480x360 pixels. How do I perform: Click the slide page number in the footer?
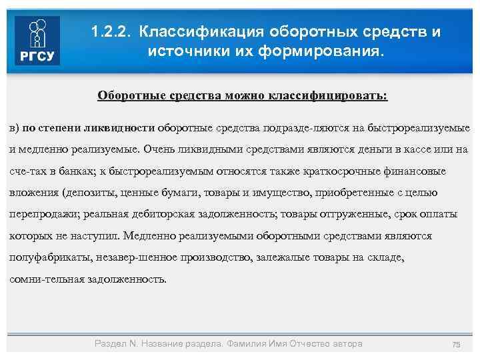click(457, 344)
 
